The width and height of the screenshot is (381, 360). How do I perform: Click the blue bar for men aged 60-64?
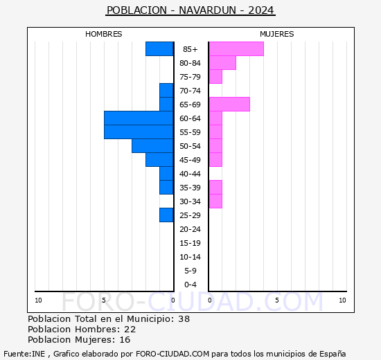(139, 118)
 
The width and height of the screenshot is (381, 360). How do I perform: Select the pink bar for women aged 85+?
(236, 49)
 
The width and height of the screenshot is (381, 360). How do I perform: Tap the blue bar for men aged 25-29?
(166, 215)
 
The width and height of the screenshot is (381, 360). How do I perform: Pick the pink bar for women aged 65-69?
(229, 105)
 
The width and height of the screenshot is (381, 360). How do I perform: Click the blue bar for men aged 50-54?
(152, 146)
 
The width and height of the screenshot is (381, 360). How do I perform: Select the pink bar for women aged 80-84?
(222, 63)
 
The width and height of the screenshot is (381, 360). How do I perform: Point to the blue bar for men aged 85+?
(159, 49)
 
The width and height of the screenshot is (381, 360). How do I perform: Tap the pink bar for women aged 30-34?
(215, 201)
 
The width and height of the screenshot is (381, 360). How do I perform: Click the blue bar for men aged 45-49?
(159, 160)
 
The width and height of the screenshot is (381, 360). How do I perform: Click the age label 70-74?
(190, 91)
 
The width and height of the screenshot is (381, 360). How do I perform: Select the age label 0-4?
(190, 285)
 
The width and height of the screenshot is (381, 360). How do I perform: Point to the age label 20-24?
(190, 229)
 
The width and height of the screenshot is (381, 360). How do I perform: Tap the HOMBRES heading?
(103, 34)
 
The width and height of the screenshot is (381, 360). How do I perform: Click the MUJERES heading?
(277, 34)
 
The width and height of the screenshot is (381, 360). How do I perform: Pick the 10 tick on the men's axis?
(38, 300)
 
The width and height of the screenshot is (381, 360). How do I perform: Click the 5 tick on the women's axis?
(277, 300)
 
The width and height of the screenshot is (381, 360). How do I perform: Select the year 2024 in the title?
(261, 10)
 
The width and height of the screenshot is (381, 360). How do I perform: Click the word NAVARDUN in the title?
(207, 10)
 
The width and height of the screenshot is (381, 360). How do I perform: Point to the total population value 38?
(184, 318)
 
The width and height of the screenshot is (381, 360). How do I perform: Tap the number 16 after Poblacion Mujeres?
(125, 339)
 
